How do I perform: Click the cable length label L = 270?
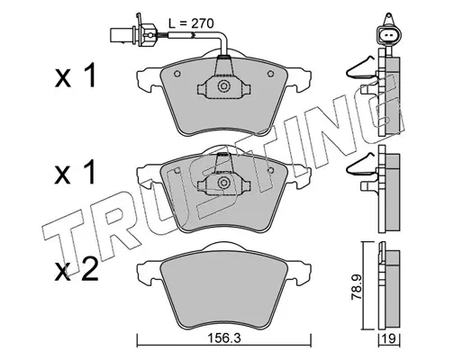(191, 23)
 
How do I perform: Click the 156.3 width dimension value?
(224, 339)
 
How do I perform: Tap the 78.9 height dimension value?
(357, 288)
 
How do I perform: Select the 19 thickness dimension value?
(389, 339)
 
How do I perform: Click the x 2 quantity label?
(77, 270)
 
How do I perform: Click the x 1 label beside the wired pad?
(75, 76)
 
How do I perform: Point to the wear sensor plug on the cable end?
(133, 34)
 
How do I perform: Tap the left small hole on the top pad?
(177, 74)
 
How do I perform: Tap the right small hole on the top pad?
(270, 74)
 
